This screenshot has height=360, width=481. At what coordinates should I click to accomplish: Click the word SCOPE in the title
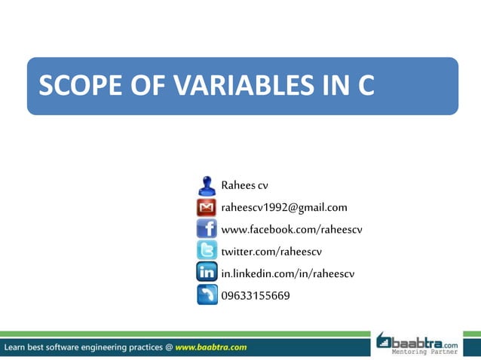point(73,86)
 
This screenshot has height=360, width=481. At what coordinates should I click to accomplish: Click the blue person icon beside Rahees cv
point(207,185)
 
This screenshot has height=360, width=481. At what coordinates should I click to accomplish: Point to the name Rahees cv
point(244,185)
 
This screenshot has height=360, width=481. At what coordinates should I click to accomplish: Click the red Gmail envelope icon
point(207,207)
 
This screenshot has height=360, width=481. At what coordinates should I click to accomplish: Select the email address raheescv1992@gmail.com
point(283,207)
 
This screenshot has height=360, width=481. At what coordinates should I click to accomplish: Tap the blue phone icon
point(207,294)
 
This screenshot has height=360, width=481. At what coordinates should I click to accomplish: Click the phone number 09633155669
point(255,294)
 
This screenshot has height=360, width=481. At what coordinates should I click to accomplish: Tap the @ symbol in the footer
point(169,347)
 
